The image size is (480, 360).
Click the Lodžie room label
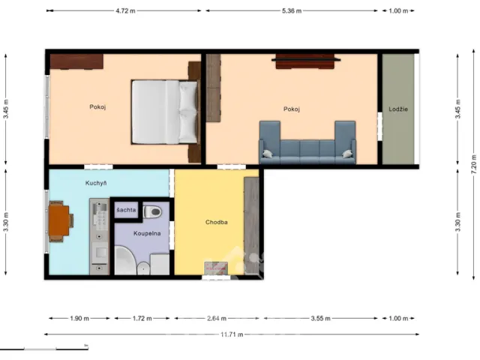click(398, 109)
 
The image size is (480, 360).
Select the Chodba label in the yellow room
click(217, 222)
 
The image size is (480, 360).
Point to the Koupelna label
click(147, 234)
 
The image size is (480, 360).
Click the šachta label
click(126, 210)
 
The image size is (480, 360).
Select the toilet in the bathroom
click(153, 211)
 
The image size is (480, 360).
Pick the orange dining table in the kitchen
click(59, 220)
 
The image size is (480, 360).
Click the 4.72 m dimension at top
click(125, 10)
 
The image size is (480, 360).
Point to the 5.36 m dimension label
click(292, 10)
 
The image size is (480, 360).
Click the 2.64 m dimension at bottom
click(217, 318)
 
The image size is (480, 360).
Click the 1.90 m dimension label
click(79, 318)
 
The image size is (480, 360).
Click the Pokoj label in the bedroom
click(97, 106)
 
